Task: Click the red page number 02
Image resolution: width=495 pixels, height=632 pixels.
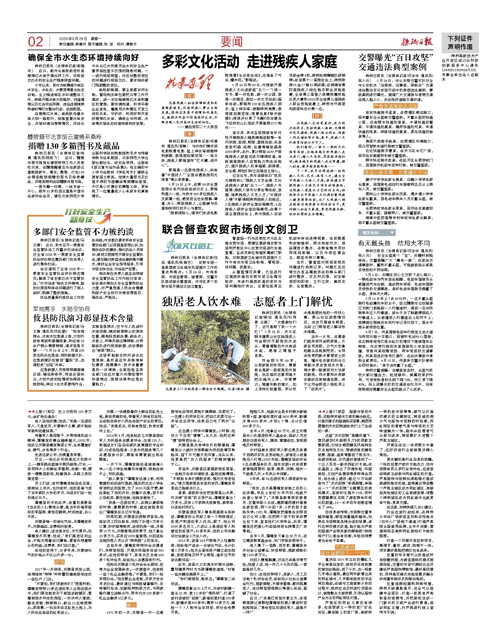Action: [36, 42]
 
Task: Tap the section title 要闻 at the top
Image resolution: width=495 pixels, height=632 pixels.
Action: [232, 42]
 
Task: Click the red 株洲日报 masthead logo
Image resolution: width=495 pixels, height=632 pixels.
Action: [418, 42]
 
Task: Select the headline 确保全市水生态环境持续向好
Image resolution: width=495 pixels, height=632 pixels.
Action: [83, 58]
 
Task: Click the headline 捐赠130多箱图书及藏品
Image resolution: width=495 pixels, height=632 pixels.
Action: [74, 146]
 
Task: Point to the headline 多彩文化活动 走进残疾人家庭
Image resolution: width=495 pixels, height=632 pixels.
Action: [249, 62]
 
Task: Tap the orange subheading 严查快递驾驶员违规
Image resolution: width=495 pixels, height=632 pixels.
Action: [395, 106]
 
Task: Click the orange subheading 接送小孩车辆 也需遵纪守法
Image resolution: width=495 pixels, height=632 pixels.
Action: [395, 172]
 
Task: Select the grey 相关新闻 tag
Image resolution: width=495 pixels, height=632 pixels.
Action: [376, 232]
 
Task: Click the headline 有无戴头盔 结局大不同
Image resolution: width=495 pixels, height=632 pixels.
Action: [394, 243]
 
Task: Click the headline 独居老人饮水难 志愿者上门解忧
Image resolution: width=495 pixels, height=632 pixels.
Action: [247, 302]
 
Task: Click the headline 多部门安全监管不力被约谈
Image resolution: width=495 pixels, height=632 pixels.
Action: [83, 231]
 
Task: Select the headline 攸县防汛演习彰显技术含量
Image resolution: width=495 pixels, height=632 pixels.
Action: [83, 318]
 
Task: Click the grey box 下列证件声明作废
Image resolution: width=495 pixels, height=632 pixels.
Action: [460, 43]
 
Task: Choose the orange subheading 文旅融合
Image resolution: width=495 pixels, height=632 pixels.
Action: [345, 547]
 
